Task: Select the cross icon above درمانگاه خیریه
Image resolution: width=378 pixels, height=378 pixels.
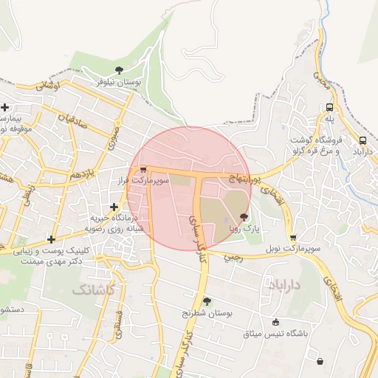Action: point(114,207)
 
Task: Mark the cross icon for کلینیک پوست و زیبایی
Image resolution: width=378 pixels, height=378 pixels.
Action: point(51,239)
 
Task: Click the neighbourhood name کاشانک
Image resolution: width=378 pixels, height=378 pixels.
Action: point(94,289)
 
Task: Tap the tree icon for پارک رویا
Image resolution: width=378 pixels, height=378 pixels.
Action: point(244,219)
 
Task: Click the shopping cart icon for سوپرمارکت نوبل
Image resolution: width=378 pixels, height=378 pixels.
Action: point(293,238)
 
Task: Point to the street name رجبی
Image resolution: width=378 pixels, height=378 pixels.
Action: point(233,258)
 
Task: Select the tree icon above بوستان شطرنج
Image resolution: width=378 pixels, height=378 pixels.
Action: point(207,301)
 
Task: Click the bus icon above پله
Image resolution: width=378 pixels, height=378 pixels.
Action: point(329,107)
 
